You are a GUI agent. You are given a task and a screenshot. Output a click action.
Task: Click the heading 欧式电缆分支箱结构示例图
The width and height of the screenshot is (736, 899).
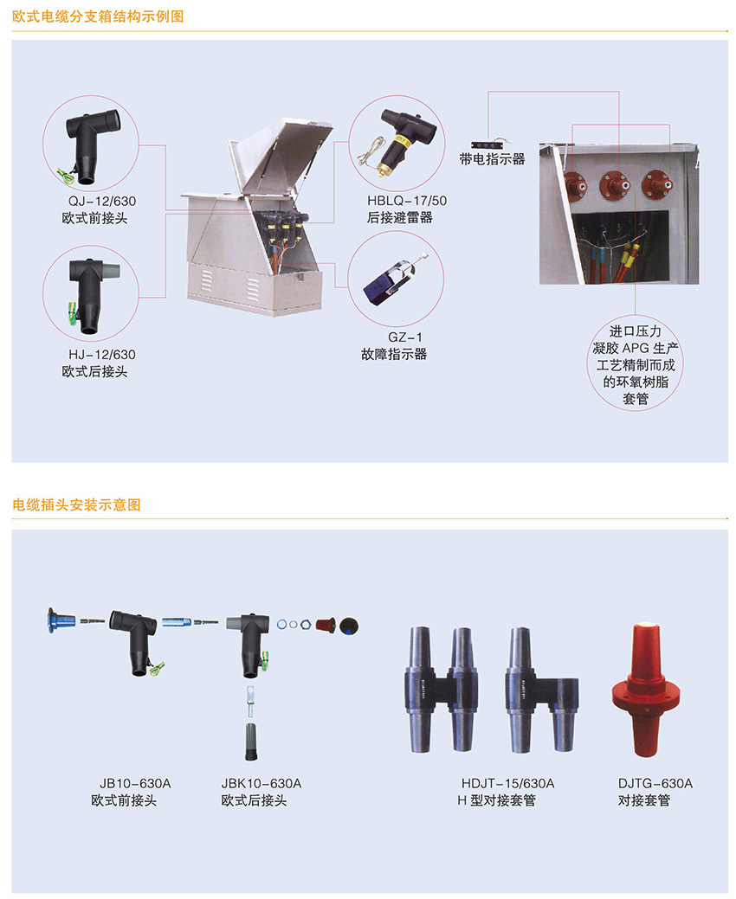coord(98,16)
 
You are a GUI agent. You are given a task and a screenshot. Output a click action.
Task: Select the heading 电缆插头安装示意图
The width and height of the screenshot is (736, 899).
coord(76,504)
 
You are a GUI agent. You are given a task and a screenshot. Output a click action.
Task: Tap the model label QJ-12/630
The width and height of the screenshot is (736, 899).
coord(102,202)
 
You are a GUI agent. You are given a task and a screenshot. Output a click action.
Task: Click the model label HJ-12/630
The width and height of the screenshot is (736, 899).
coord(102,355)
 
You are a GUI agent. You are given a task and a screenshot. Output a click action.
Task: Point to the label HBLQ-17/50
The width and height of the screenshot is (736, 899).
coord(407,201)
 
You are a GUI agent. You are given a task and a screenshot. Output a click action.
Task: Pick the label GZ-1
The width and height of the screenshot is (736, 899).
coord(405,337)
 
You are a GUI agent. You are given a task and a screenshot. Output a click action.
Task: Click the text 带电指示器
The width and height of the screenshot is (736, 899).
coord(492,159)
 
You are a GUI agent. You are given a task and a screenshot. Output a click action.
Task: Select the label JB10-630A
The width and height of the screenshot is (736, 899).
coord(135,783)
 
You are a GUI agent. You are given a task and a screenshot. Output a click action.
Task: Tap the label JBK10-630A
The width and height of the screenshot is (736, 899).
coord(261,783)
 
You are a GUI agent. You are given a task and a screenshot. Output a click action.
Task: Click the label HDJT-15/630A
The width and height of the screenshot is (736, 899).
coord(507,783)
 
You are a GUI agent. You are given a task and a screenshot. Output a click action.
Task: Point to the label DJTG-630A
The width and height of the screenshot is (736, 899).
coord(655,783)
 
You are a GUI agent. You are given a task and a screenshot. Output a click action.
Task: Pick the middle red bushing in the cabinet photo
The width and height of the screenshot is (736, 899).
coord(615,184)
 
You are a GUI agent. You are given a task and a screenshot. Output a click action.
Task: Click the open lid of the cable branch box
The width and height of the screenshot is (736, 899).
coord(281,154)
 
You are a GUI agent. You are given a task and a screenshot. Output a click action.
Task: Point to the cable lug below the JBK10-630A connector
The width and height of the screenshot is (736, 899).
coord(251,700)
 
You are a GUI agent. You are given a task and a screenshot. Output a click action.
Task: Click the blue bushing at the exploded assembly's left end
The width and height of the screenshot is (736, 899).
coord(61,621)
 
